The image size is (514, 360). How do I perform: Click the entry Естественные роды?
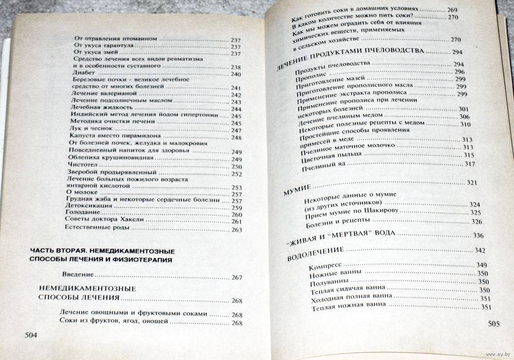(x=93, y=229)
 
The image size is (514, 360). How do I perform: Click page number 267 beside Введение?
(x=236, y=278)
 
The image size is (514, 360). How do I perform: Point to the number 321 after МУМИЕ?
(x=471, y=183)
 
